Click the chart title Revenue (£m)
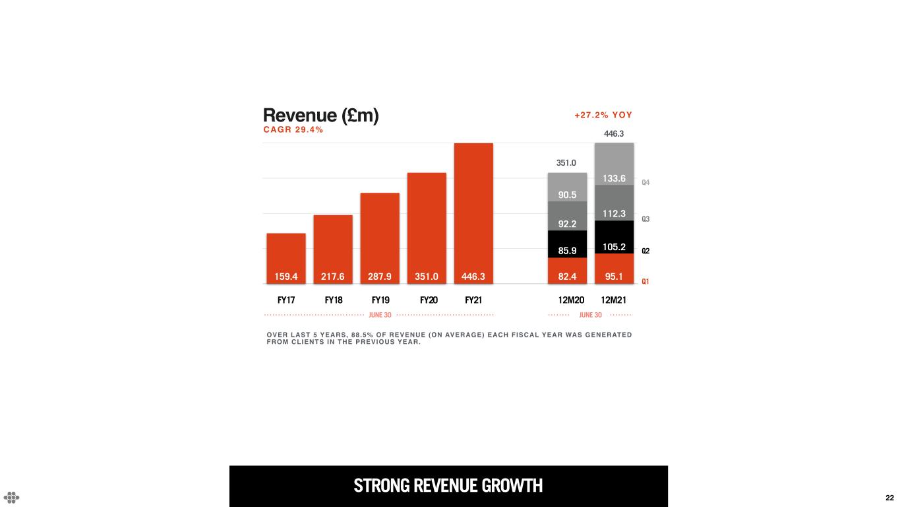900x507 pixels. [x=320, y=116]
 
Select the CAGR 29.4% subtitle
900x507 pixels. [x=293, y=130]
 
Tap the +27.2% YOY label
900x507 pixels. [x=603, y=115]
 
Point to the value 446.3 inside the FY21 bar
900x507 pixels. [x=473, y=277]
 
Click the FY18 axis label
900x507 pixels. [x=334, y=300]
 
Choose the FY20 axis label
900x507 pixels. [x=429, y=300]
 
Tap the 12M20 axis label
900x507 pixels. [x=572, y=300]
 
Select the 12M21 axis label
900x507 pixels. [x=614, y=300]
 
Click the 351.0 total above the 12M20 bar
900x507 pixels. [x=566, y=162]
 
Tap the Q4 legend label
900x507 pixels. [x=646, y=182]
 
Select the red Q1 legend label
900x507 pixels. [x=646, y=281]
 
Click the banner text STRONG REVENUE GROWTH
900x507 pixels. [x=448, y=486]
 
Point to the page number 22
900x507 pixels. [x=889, y=498]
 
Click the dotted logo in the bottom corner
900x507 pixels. [x=12, y=497]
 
